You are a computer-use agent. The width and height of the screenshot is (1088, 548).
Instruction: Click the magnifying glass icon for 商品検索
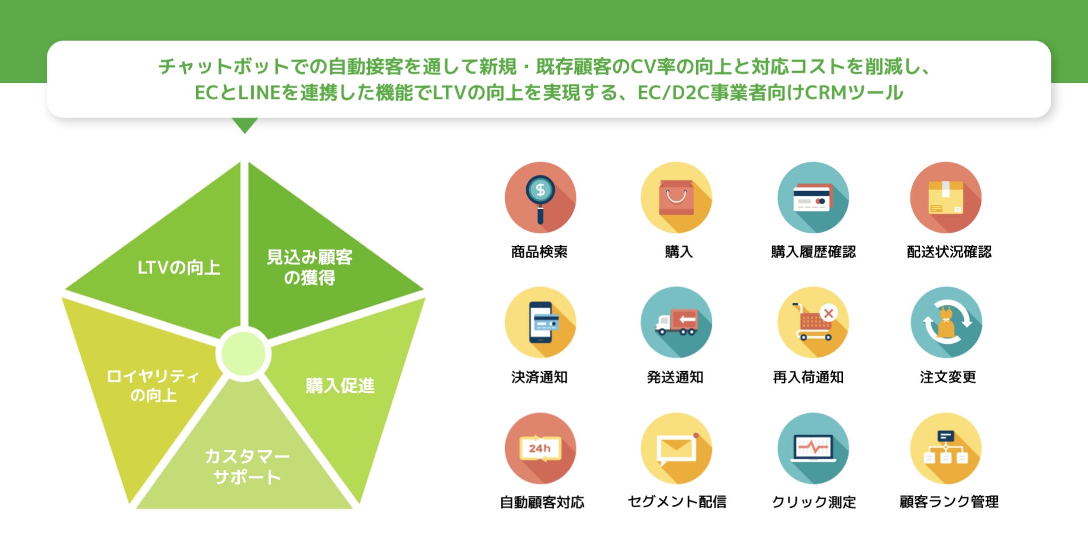point(540,198)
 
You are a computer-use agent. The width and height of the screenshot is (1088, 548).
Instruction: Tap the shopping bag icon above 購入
point(676,198)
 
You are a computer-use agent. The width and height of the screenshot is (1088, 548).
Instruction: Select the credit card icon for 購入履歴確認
point(813,198)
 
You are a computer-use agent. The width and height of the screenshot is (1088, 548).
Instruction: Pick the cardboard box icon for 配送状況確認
point(945,198)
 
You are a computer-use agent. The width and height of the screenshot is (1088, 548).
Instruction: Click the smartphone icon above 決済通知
point(540,323)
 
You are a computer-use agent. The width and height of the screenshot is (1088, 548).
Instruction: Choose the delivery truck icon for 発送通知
point(676,323)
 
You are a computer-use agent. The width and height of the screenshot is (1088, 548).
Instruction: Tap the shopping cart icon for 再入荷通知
point(813,323)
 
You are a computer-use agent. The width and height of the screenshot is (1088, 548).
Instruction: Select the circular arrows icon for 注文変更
point(946,323)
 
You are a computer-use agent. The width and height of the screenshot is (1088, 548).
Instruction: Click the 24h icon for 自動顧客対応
point(540,448)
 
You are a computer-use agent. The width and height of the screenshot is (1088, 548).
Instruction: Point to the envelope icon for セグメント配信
point(676,448)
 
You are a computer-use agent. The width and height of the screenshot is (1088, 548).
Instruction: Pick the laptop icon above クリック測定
point(813,448)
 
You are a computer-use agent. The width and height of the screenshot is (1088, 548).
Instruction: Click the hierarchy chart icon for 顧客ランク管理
point(945,448)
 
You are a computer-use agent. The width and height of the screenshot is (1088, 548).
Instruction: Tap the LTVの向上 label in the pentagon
point(179,268)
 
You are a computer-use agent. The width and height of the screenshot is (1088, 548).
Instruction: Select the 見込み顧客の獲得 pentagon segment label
point(310,267)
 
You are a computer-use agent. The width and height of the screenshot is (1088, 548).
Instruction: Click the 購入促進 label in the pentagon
point(340,386)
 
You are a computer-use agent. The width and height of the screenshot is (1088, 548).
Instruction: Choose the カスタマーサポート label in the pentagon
point(247,466)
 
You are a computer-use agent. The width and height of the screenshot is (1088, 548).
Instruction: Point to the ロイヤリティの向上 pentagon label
point(153,385)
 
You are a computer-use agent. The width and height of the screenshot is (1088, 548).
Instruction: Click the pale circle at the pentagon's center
point(243,354)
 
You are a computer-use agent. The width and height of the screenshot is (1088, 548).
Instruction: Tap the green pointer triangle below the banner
point(244,124)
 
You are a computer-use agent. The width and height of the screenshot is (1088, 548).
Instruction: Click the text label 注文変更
point(947,377)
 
